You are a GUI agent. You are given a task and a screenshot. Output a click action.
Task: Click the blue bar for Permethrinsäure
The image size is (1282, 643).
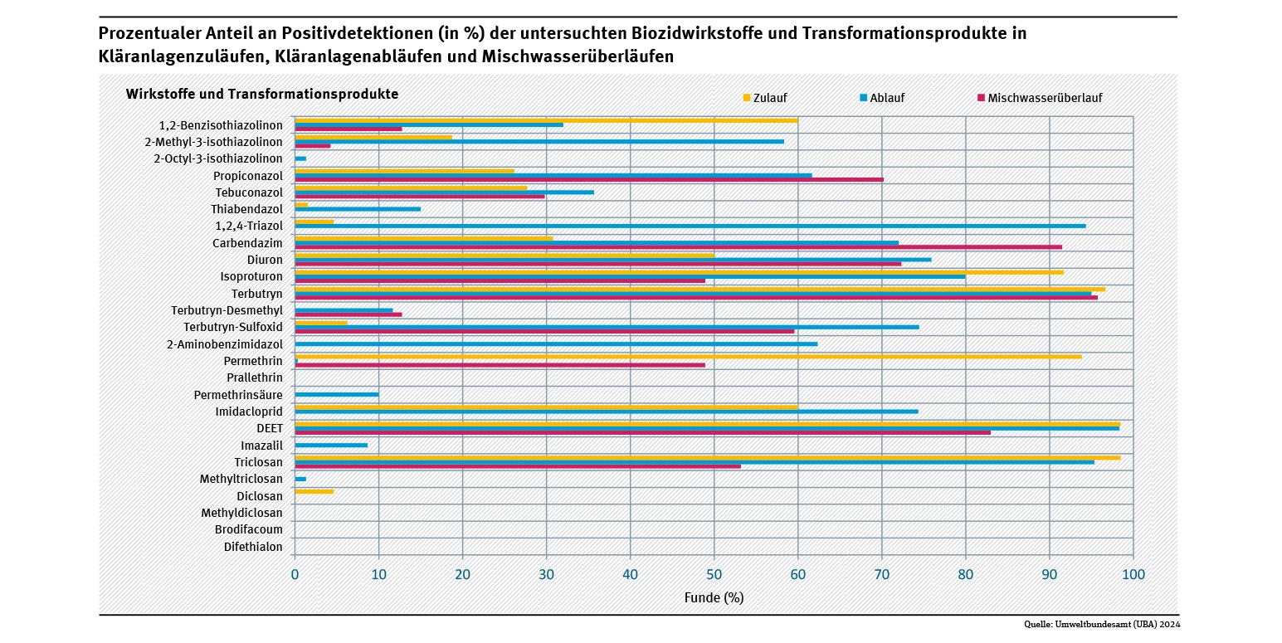tap(337, 395)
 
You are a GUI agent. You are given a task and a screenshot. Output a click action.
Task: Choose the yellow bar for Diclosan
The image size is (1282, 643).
tap(314, 491)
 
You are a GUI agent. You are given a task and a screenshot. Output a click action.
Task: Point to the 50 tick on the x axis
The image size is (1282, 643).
tap(714, 574)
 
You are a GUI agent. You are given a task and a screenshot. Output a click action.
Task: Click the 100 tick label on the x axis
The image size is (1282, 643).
tap(1133, 574)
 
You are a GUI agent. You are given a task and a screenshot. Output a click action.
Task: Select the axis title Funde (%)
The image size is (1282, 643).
tap(714, 597)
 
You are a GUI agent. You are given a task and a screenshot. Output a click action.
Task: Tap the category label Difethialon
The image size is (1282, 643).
tap(253, 547)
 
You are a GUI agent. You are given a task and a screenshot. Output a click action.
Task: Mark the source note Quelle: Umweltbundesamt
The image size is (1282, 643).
tap(1101, 625)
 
